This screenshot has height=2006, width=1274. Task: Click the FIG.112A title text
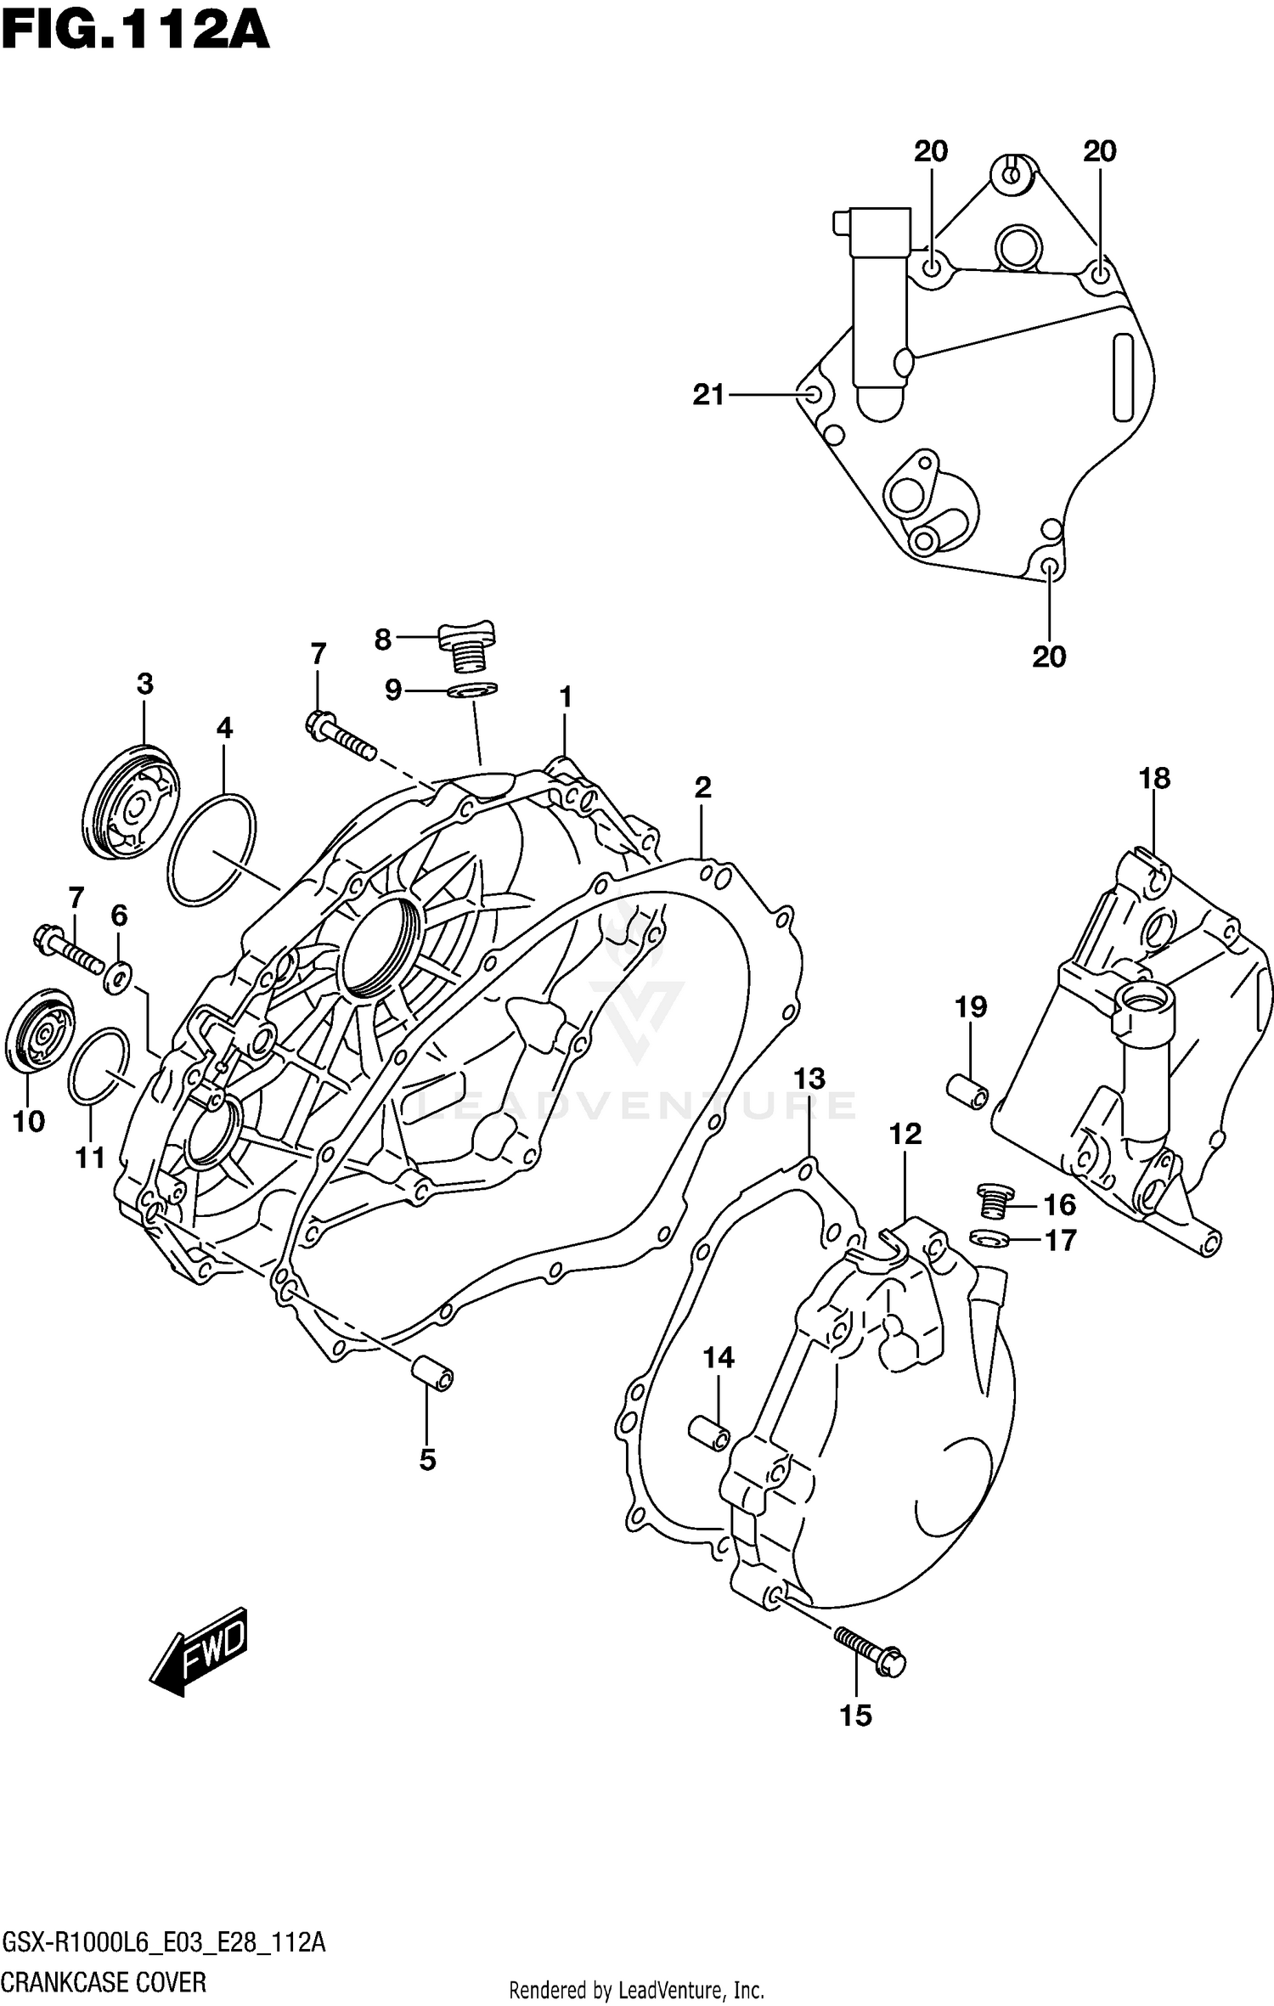136,32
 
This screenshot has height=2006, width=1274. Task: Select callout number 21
708,395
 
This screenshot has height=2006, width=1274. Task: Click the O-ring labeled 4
211,849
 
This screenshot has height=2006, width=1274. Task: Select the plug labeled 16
991,1202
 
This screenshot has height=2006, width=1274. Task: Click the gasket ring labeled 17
989,1239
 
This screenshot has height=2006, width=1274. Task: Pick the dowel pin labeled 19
967,1090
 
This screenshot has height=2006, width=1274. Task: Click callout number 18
1154,778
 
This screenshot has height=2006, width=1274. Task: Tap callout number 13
809,1079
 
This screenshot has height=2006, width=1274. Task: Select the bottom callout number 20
1049,656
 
